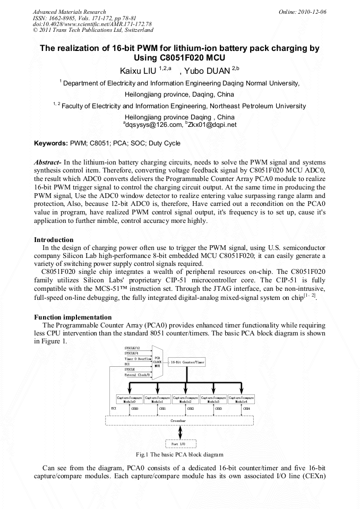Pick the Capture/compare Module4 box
[241, 399]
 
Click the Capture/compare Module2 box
[185, 399]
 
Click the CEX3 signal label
[218, 409]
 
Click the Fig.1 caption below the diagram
[179, 454]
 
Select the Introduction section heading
[54, 240]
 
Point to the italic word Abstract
[47, 161]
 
